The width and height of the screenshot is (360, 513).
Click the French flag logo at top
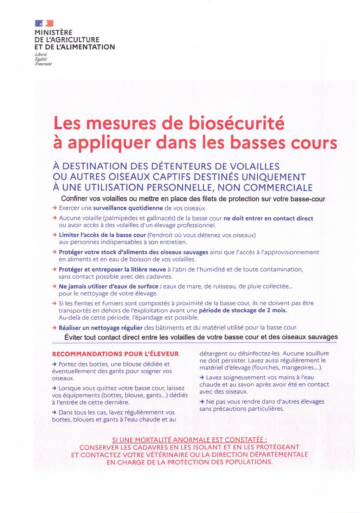[44, 24]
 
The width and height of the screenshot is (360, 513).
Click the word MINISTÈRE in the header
[53, 32]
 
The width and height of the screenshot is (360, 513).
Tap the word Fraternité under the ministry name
[43, 64]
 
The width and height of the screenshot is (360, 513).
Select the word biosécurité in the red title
[236, 123]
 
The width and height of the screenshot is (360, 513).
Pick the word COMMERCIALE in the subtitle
[278, 187]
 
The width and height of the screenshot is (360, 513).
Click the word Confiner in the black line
[74, 199]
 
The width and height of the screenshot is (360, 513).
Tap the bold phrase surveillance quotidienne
[128, 208]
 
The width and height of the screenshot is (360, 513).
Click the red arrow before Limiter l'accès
[54, 235]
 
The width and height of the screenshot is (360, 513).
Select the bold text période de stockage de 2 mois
[243, 310]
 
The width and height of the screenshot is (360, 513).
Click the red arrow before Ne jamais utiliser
[54, 286]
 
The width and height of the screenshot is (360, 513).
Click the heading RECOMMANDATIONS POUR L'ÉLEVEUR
[115, 354]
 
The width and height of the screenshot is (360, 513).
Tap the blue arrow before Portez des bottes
[54, 364]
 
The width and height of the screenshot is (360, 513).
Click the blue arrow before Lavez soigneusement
[202, 377]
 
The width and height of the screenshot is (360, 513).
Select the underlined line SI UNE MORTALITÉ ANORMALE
[189, 440]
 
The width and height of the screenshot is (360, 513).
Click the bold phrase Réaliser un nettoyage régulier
[101, 328]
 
